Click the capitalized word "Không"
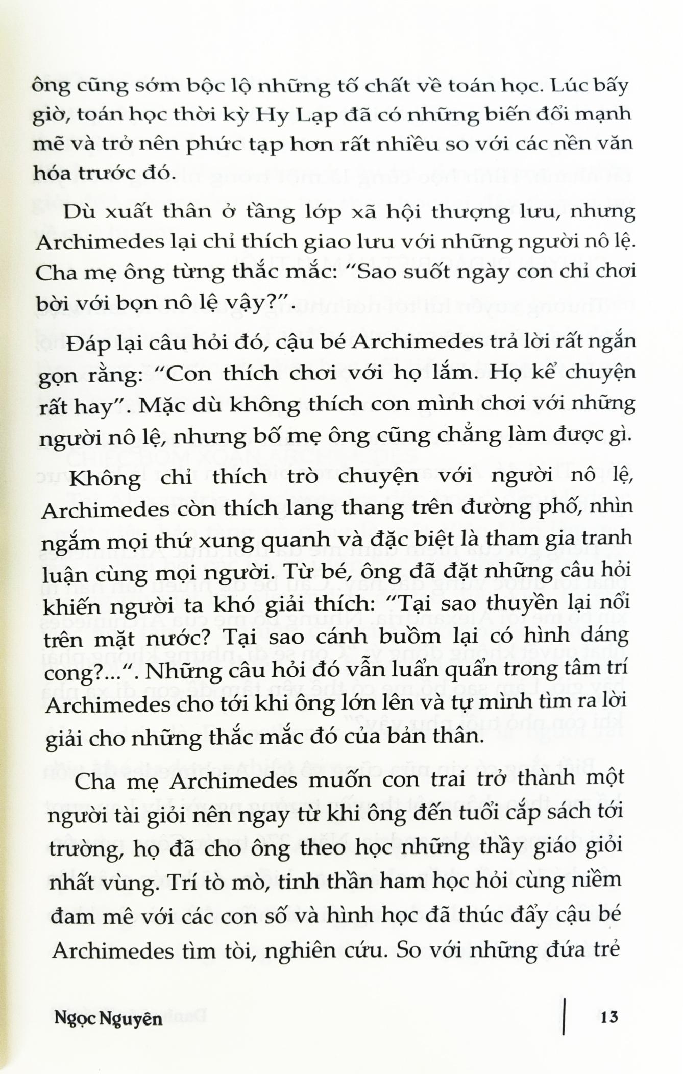[x=105, y=476]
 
